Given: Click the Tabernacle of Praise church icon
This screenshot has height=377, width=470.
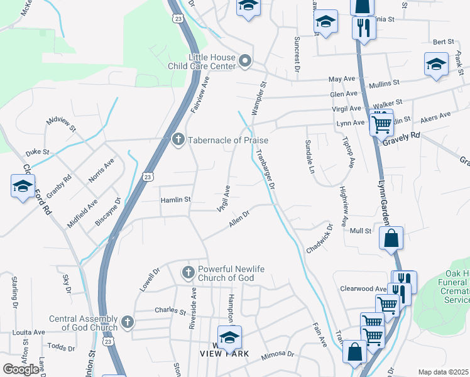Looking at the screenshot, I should [x=178, y=139].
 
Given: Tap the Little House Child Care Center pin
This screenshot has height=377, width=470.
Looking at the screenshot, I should [x=245, y=61].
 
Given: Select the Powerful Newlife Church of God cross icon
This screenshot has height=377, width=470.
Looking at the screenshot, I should [x=187, y=272].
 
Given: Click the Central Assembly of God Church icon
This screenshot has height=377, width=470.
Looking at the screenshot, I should [x=127, y=322].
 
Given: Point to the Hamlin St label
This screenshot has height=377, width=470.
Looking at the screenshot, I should [x=175, y=199].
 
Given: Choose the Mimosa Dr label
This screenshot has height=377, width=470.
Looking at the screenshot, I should [x=278, y=355].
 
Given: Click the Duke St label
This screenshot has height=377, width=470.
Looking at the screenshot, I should [x=37, y=152].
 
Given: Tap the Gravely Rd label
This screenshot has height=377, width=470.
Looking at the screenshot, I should [x=402, y=139].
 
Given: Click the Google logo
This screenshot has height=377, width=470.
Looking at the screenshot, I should [x=21, y=369].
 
